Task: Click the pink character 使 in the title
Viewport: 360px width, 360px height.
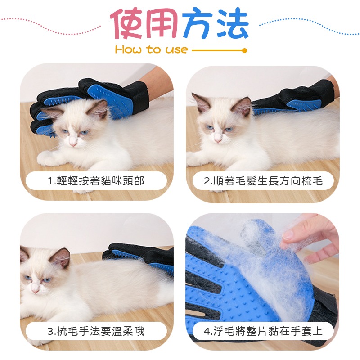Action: (129, 23)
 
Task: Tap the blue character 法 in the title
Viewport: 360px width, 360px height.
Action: (231, 23)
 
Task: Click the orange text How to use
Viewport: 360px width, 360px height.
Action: (151, 50)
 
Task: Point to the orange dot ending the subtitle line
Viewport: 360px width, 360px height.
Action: (244, 51)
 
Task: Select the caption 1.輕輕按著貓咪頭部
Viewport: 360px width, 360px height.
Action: (96, 181)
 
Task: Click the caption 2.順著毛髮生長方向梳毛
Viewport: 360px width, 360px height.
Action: (263, 181)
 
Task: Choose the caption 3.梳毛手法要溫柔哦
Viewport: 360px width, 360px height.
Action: (96, 332)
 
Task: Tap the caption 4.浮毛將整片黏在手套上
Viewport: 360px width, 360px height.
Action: (263, 332)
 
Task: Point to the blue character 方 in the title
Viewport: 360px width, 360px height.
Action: (197, 23)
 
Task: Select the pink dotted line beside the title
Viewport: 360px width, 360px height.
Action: (49, 26)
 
